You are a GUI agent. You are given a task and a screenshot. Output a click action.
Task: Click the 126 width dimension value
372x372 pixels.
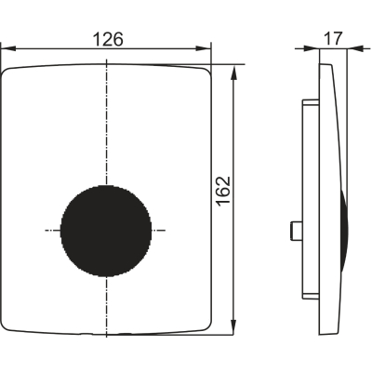click(108, 39)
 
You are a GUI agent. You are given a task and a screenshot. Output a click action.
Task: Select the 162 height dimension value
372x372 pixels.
click(223, 191)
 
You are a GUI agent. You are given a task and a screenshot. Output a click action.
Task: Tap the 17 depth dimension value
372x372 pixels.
click(333, 38)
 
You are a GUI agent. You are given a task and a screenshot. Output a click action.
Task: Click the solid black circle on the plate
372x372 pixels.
click(106, 231)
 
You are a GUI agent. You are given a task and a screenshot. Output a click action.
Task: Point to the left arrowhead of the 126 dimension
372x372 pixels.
click(8, 48)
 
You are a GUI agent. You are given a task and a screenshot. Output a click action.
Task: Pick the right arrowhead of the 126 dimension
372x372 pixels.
click(204, 48)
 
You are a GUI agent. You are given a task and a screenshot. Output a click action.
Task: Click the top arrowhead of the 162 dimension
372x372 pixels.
click(233, 72)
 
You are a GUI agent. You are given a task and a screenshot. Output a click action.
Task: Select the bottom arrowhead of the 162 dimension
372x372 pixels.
click(233, 327)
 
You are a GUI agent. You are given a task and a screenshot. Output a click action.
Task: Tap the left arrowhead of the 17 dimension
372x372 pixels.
click(312, 48)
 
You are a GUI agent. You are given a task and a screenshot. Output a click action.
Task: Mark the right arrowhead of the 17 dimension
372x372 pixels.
click(355, 48)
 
